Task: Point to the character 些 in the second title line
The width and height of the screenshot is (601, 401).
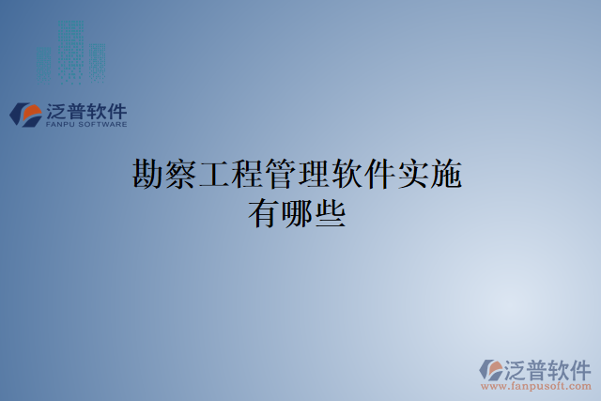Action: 331,216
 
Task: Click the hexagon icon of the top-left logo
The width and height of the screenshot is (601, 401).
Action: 26,116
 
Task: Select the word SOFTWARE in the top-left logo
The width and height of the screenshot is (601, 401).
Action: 102,123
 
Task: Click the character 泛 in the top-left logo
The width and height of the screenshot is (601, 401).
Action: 55,110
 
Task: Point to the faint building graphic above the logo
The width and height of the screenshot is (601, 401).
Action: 71,52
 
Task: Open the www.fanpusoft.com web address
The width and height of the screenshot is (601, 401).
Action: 535,385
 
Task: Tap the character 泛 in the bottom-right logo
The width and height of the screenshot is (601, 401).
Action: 515,367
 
